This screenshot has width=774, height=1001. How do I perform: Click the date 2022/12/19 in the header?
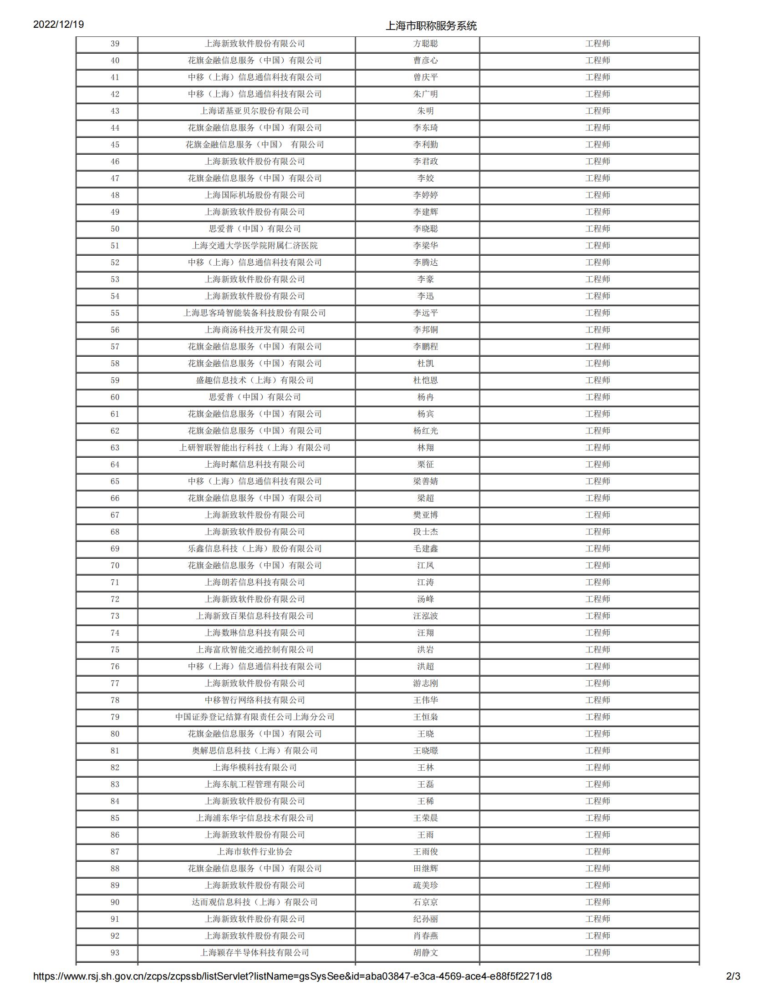point(58,24)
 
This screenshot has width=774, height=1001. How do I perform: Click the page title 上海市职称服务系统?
point(431,25)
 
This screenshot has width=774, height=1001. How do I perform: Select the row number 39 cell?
point(115,44)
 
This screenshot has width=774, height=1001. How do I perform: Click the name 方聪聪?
point(425,44)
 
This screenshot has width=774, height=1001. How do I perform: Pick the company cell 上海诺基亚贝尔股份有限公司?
point(255,111)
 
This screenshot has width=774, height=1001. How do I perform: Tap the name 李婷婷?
point(425,195)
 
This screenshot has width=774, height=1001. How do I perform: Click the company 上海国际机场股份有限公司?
point(255,195)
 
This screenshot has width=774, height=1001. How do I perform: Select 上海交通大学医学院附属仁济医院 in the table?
point(255,246)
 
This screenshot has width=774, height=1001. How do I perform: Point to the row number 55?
point(115,313)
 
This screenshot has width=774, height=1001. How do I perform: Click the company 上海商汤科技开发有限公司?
point(255,330)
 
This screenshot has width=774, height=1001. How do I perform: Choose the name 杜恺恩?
point(425,380)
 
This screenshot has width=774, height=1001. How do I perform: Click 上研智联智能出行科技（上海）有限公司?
point(255,448)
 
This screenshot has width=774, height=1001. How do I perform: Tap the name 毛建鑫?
point(425,549)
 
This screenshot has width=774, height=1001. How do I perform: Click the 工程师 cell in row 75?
point(597,649)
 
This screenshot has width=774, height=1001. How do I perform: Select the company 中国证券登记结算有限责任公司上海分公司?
point(255,717)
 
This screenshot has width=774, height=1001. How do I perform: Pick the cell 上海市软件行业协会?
point(255,852)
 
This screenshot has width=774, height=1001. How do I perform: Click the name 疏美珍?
point(425,885)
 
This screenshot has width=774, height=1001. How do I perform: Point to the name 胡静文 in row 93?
point(425,953)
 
